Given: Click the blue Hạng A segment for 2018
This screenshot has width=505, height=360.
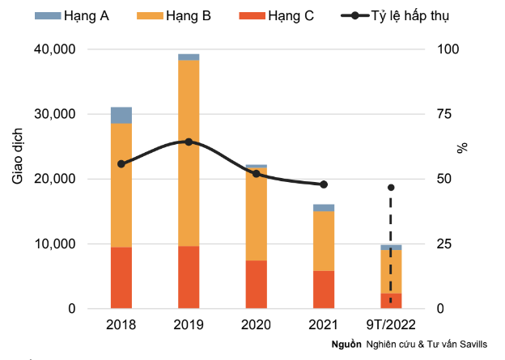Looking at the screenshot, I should [121, 115].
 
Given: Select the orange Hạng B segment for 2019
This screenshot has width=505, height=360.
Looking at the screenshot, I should [189, 153].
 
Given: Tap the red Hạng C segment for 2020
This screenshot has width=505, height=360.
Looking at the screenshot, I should [257, 284].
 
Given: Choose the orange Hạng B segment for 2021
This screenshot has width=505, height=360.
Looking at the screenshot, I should [324, 241].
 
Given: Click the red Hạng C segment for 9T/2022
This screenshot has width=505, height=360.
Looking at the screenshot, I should [391, 300].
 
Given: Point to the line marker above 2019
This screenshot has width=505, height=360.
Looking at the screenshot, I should [189, 142].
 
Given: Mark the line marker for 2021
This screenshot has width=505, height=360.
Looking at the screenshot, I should [324, 184].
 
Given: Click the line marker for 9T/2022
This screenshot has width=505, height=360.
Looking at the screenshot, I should [391, 188].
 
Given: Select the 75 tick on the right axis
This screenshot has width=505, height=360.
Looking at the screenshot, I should [444, 114].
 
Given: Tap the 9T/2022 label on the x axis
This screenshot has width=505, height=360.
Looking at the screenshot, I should [391, 324].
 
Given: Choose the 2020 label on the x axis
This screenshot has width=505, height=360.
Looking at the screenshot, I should [257, 324].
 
